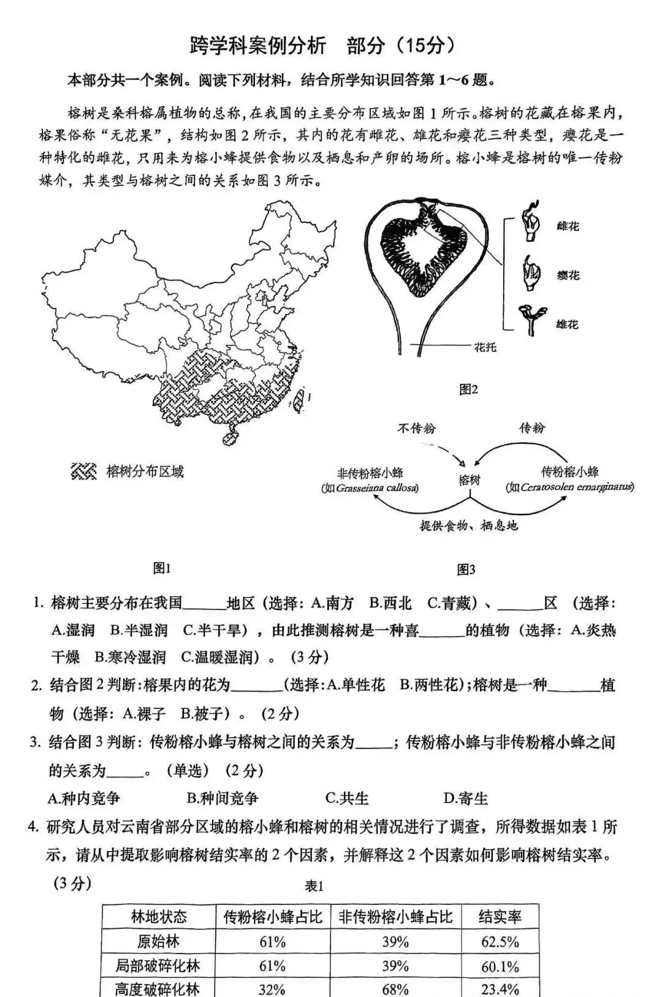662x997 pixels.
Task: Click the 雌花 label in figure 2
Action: tap(567, 227)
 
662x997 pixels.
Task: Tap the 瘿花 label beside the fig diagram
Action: tap(567, 275)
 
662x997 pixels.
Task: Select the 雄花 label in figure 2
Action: tap(567, 324)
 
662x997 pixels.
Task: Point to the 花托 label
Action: tap(485, 348)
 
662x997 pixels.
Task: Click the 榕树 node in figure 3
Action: tap(470, 480)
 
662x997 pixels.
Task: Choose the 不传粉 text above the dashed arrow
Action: tap(416, 428)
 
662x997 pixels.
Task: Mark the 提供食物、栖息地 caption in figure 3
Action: tap(469, 525)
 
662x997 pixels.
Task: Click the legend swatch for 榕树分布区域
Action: tap(84, 472)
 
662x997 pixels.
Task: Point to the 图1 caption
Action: tap(162, 568)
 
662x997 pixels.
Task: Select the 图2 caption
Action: tap(468, 389)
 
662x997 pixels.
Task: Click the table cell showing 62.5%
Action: tap(500, 942)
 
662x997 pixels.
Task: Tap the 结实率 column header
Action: tap(500, 917)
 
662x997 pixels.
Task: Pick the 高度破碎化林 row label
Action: tap(158, 988)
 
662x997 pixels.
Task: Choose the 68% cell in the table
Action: tap(395, 988)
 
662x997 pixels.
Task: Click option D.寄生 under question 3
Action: tap(465, 798)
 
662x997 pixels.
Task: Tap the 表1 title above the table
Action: tap(314, 886)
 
